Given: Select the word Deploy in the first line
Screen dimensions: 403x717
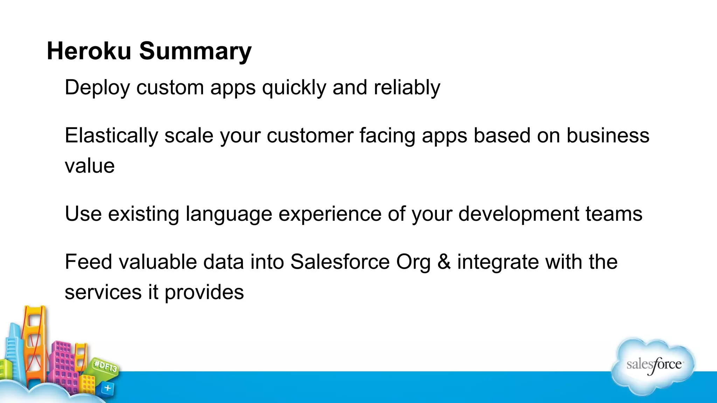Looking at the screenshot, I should click(97, 88).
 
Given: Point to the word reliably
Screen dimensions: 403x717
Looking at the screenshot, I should click(406, 88).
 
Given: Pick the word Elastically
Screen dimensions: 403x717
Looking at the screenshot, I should click(111, 136).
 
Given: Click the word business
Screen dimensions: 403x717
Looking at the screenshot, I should click(608, 135).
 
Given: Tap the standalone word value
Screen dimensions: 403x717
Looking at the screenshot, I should click(90, 166).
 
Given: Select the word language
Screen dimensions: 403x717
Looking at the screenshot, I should click(229, 214).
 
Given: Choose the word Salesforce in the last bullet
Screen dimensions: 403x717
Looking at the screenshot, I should click(340, 262).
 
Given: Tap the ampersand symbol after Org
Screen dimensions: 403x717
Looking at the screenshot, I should click(444, 262).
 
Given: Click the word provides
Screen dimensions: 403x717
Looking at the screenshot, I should click(204, 292).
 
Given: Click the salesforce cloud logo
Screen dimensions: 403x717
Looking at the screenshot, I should click(653, 365).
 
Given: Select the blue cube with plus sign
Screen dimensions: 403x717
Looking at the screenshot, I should click(107, 388).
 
